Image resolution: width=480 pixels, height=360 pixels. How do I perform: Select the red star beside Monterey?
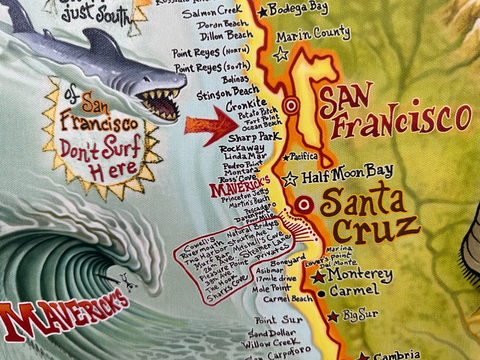point(318,277)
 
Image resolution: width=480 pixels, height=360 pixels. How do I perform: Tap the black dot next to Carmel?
point(321,293)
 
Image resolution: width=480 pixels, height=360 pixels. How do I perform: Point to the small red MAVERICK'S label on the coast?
point(241,188)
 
